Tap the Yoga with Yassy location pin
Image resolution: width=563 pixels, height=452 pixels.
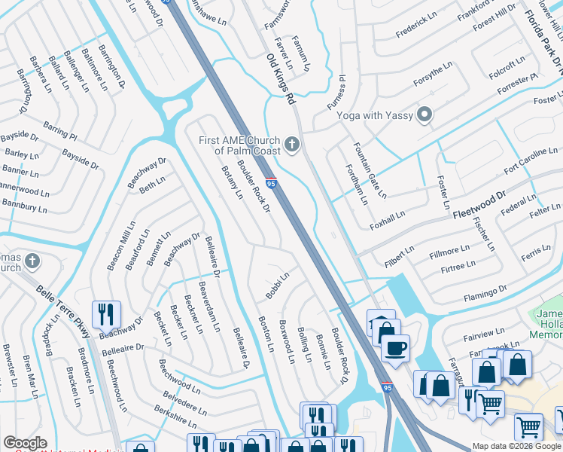(x=425, y=115)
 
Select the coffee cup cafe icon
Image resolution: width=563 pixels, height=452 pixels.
(x=394, y=348)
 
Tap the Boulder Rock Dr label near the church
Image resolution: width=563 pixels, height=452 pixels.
(x=254, y=185)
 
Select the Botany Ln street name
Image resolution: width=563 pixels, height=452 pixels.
(x=229, y=181)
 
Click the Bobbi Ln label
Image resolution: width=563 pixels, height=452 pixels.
(x=278, y=286)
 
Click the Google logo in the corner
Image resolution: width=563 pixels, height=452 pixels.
(x=25, y=443)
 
